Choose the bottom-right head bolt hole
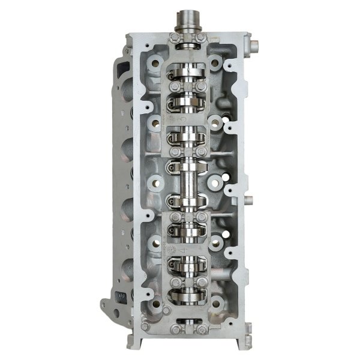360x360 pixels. [215, 304]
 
